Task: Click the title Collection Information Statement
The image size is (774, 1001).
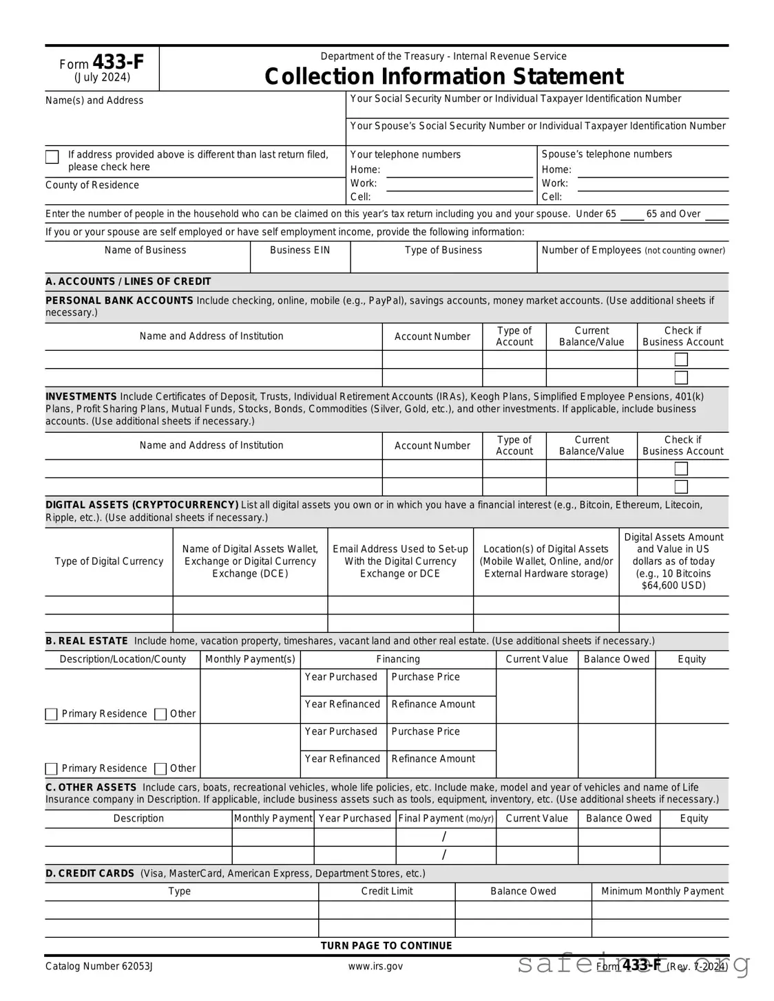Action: pyautogui.click(x=443, y=76)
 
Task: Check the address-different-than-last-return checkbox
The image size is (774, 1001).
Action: pyautogui.click(x=52, y=157)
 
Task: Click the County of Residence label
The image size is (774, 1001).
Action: pyautogui.click(x=92, y=185)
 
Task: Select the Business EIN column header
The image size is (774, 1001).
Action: pyautogui.click(x=300, y=250)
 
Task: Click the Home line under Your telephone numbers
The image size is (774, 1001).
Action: pyautogui.click(x=459, y=171)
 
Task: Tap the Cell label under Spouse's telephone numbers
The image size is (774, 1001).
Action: pyautogui.click(x=552, y=197)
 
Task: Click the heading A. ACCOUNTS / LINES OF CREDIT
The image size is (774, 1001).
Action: pyautogui.click(x=128, y=281)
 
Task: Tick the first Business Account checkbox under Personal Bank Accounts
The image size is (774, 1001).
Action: pyautogui.click(x=681, y=359)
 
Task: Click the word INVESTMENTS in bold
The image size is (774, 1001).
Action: pyautogui.click(x=81, y=397)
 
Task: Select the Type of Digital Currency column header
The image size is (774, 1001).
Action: pyautogui.click(x=109, y=561)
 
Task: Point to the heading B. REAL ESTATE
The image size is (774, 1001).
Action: pyautogui.click(x=87, y=641)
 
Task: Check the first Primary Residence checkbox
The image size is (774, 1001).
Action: pyautogui.click(x=52, y=714)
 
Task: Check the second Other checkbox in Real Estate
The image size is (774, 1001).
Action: pyautogui.click(x=160, y=768)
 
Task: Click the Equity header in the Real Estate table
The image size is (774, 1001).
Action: pyautogui.click(x=691, y=659)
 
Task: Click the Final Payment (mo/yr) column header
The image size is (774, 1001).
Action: pyautogui.click(x=446, y=819)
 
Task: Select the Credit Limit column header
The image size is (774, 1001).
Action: pyautogui.click(x=387, y=892)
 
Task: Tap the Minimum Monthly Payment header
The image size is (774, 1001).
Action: pyautogui.click(x=662, y=892)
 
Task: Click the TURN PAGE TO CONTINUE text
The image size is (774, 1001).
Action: pyautogui.click(x=386, y=946)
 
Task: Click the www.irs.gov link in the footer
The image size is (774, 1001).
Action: pyautogui.click(x=375, y=967)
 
